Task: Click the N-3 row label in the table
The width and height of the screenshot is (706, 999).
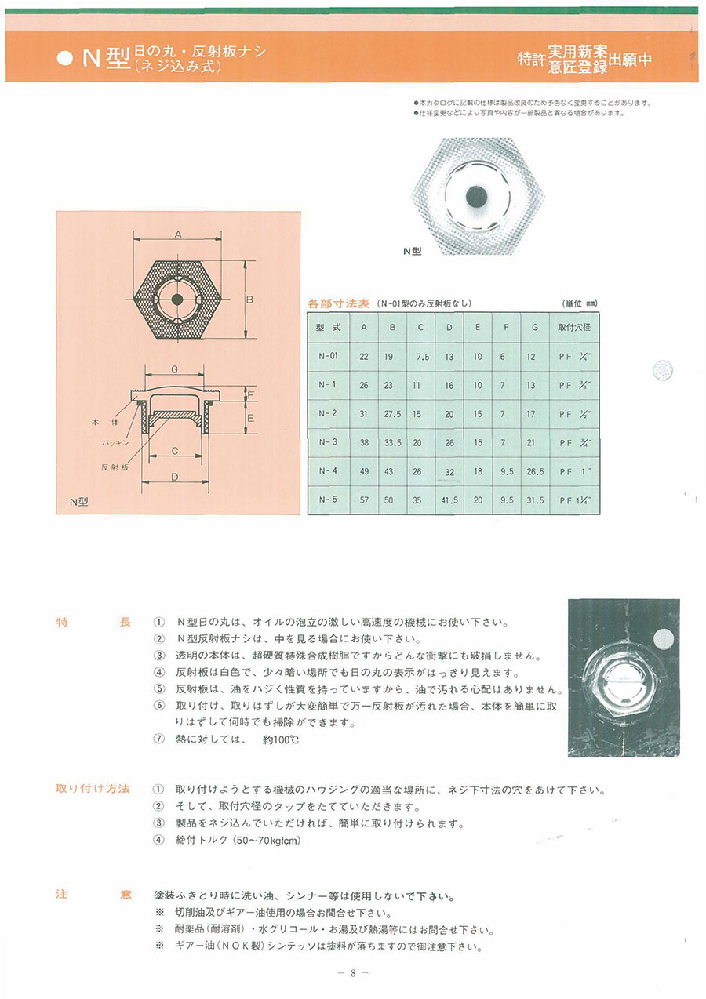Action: tap(328, 442)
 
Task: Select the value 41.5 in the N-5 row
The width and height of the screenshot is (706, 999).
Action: tap(449, 499)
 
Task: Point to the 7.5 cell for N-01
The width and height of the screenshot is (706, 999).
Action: tap(422, 357)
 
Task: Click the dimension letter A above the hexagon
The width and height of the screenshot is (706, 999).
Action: tap(178, 234)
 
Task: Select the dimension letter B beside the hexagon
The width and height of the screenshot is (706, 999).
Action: tap(249, 300)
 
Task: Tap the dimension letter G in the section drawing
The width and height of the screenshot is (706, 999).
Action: tap(176, 369)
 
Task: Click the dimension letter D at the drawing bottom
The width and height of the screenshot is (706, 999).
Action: tap(177, 477)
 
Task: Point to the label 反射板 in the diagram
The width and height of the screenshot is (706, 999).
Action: tap(115, 467)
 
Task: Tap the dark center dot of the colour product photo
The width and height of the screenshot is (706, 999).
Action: tap(476, 195)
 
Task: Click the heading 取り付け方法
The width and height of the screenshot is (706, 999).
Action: tap(93, 788)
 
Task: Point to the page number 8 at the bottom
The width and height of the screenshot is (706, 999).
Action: tap(353, 973)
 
